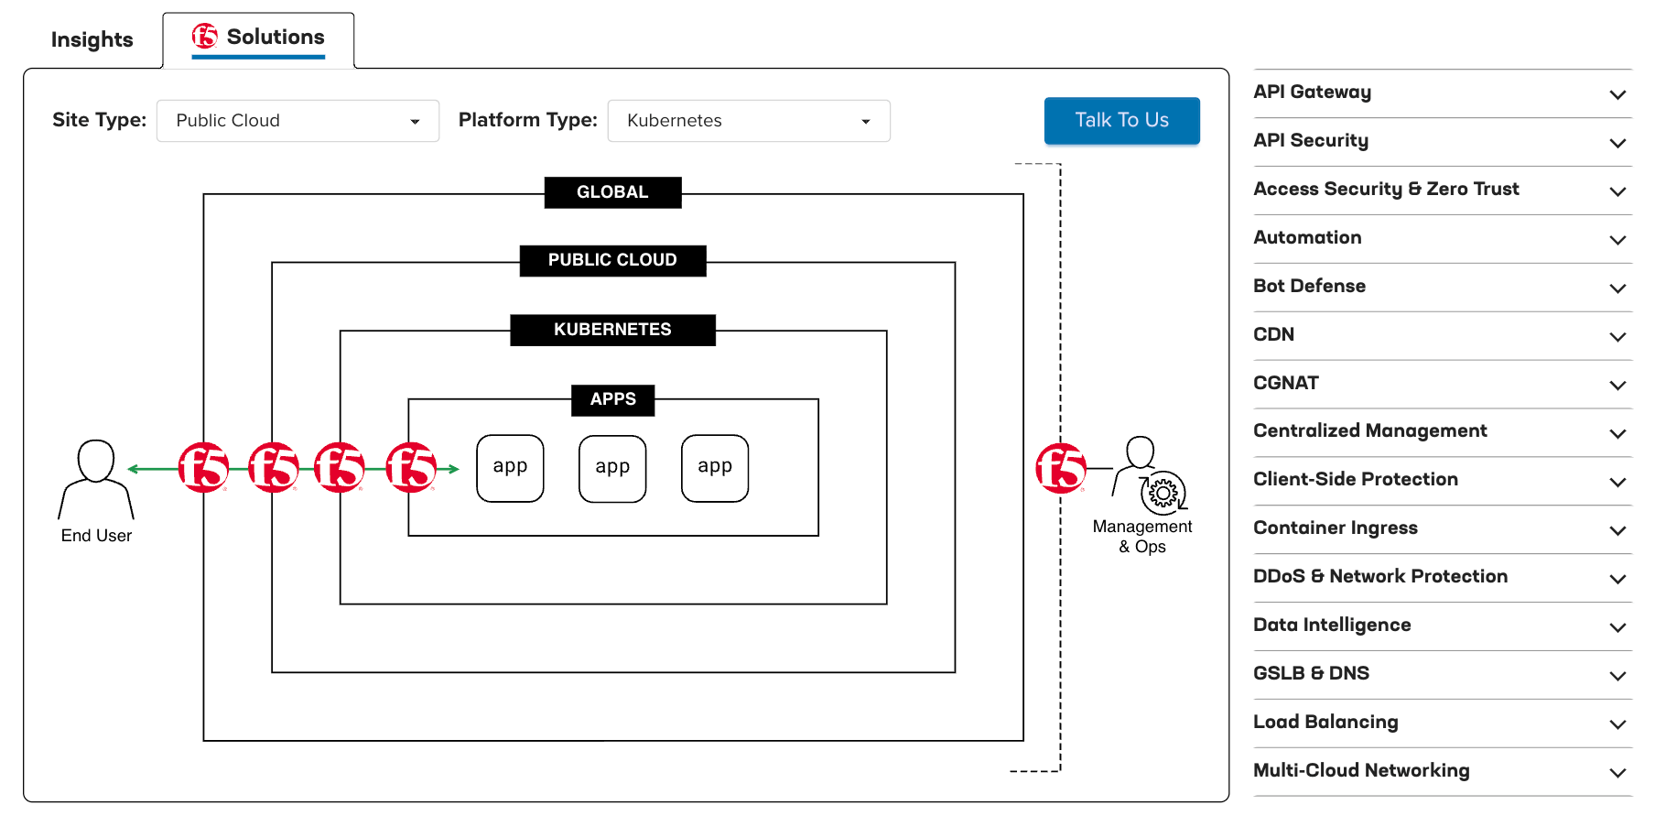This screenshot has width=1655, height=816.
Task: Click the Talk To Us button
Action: (1121, 120)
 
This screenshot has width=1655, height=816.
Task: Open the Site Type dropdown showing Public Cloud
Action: (297, 121)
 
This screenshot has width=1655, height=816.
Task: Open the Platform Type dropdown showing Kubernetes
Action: (748, 121)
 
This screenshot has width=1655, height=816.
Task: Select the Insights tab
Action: (92, 39)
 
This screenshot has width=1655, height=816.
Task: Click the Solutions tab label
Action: (275, 37)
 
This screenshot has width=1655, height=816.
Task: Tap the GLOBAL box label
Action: (612, 192)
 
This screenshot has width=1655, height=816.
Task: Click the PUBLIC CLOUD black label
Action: (612, 260)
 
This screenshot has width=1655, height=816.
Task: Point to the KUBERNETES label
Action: (612, 330)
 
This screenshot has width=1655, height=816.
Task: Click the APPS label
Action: (612, 399)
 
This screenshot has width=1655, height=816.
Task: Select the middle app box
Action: (612, 468)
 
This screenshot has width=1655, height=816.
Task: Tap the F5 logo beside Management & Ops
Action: (1060, 468)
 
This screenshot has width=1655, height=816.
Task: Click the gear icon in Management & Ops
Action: (1163, 494)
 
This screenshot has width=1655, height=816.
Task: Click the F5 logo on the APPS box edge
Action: (410, 468)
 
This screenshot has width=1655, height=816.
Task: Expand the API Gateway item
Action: (1442, 92)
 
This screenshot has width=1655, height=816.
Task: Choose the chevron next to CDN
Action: (1617, 336)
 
